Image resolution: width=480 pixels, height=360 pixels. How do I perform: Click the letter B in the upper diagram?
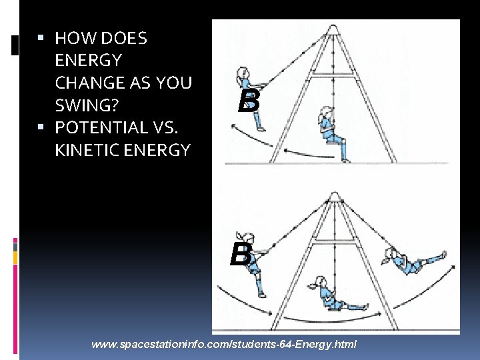(x=249, y=101)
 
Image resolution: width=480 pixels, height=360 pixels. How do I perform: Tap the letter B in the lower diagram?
(x=241, y=254)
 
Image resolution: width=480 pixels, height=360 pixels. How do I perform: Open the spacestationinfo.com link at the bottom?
(x=223, y=345)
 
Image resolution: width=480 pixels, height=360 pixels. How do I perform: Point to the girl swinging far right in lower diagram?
(x=414, y=259)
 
